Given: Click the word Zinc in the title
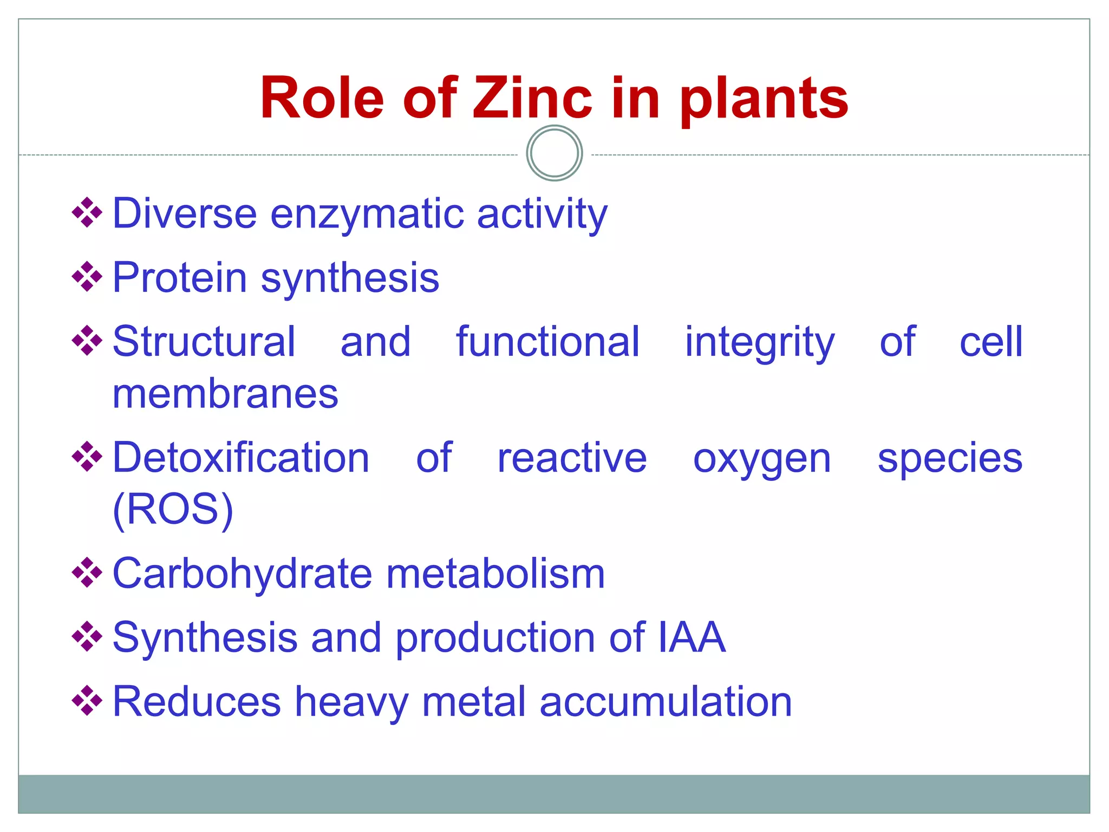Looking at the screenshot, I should click(532, 98).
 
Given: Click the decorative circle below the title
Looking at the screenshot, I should click(554, 153).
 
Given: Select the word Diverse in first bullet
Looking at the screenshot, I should click(184, 213).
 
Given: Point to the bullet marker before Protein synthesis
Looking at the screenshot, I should click(87, 277).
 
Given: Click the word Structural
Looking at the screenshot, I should click(204, 342).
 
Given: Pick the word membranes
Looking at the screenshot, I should click(225, 394).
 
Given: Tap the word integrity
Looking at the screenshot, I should click(760, 343).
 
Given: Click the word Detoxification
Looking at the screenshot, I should click(241, 458).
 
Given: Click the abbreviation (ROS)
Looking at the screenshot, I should click(173, 510).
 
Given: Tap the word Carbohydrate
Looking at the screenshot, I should click(242, 574).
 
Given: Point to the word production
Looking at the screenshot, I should click(495, 638).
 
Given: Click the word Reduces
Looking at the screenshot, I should click(196, 701).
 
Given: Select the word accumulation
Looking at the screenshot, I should click(666, 701).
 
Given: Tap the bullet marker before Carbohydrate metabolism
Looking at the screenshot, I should click(87, 573).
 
